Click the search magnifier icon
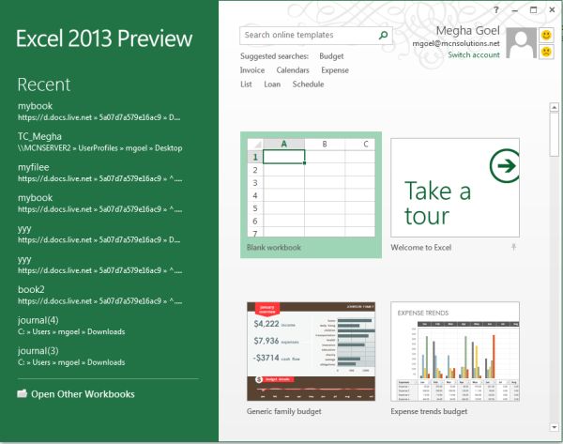click(x=383, y=36)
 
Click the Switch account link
click(x=474, y=55)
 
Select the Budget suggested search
click(x=331, y=56)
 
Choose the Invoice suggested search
click(x=252, y=70)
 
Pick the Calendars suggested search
click(x=293, y=70)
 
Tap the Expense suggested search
click(x=335, y=70)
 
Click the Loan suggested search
click(x=272, y=84)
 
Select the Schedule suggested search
click(x=308, y=84)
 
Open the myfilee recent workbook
click(x=34, y=167)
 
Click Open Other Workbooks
click(x=83, y=394)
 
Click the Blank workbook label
click(x=273, y=248)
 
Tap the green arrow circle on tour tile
click(x=505, y=167)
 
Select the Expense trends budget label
click(x=429, y=411)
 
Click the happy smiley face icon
click(x=546, y=36)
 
